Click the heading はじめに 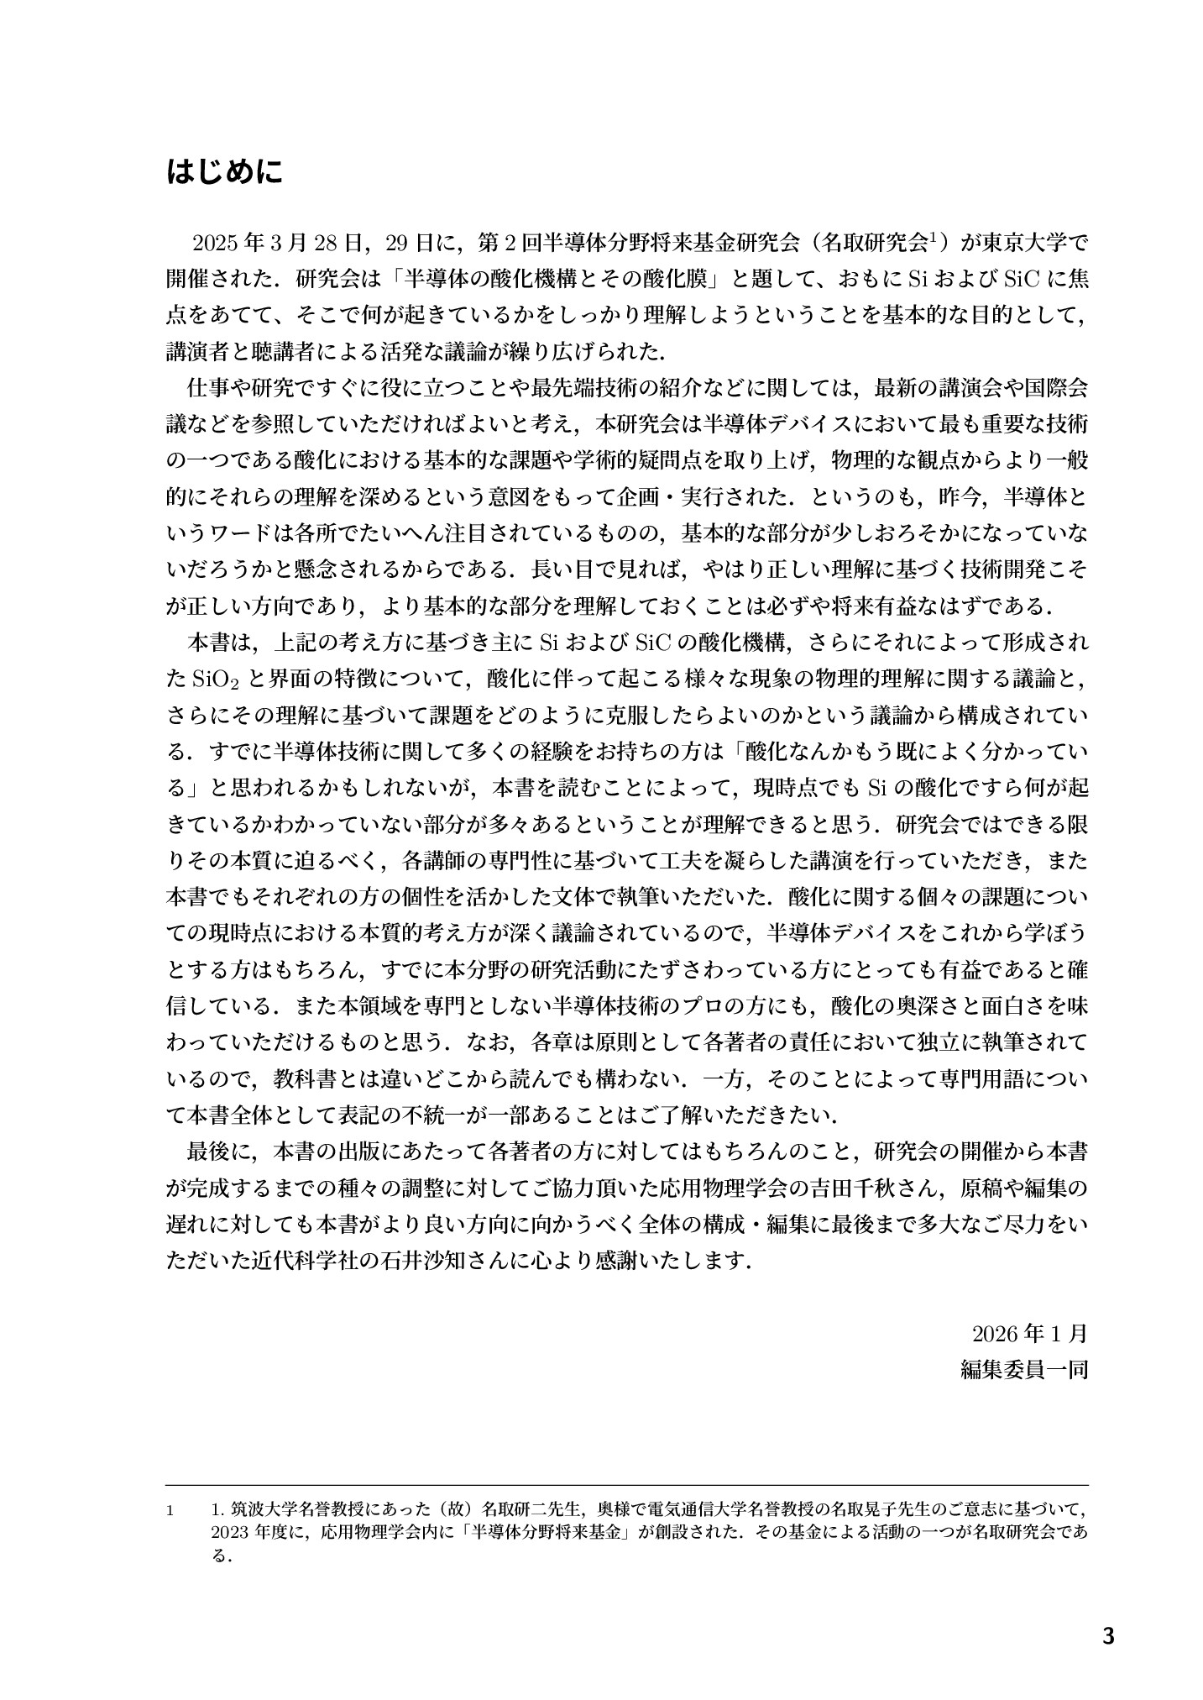click(225, 173)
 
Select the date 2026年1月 click(1030, 1334)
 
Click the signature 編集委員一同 click(1023, 1370)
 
